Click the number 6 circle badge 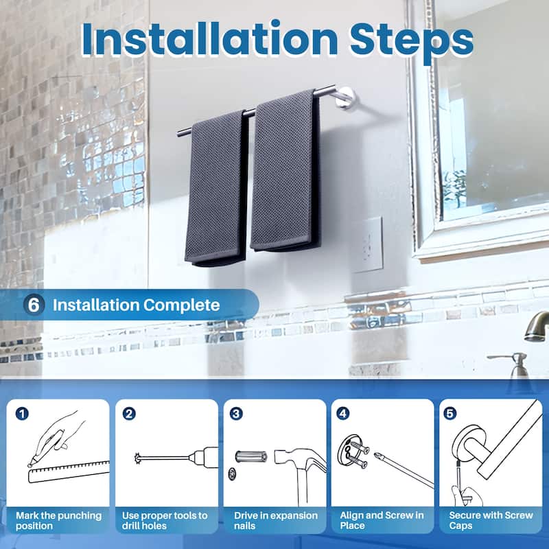pos(34,305)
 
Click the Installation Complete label pos(137,305)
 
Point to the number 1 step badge pos(23,414)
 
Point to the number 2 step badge pos(128,414)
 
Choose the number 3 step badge pos(237,414)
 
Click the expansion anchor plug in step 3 pos(248,456)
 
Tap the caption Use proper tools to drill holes pos(165,520)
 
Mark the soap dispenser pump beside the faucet pos(517,363)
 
